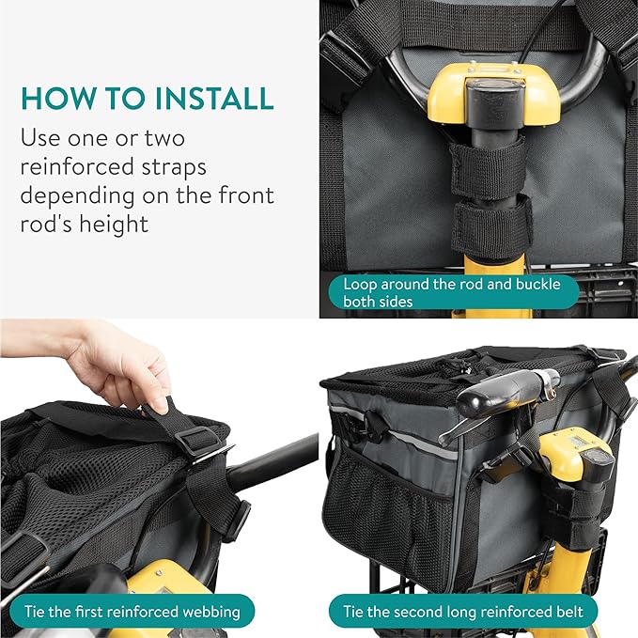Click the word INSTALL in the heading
(213, 98)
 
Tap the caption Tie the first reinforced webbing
(128, 612)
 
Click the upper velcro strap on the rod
(487, 169)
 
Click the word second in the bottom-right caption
(413, 612)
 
